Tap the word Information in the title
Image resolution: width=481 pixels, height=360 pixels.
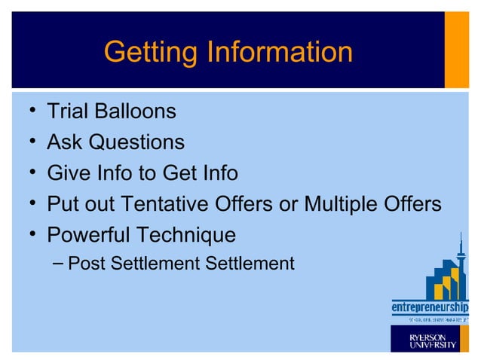tap(279, 52)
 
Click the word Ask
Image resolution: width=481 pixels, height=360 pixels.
tap(64, 142)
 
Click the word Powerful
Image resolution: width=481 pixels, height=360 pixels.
tap(88, 235)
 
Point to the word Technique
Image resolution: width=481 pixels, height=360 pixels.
tap(185, 235)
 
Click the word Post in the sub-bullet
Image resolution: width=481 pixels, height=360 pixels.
tap(84, 264)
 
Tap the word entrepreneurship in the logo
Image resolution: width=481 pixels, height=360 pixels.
tap(429, 308)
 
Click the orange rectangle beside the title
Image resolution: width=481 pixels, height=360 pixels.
tap(456, 50)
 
